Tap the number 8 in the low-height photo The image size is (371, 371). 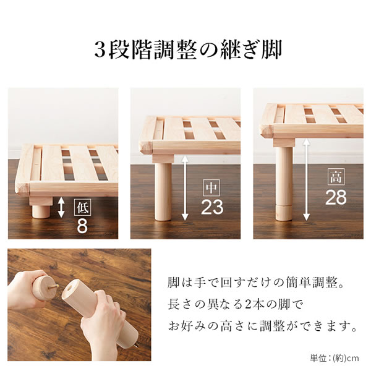click(x=82, y=226)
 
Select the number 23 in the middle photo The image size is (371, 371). click(x=212, y=207)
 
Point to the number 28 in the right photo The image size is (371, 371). click(x=336, y=197)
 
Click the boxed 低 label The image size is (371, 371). click(x=82, y=208)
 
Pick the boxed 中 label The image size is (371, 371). click(x=211, y=187)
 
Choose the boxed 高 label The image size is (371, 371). click(x=336, y=177)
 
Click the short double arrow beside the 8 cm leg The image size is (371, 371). click(x=61, y=208)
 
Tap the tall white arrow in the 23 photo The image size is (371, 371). click(x=185, y=188)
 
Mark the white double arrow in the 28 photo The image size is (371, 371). click(x=307, y=179)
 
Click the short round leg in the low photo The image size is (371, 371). click(x=41, y=211)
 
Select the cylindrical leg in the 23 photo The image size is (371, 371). click(x=163, y=192)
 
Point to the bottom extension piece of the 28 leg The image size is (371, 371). click(x=284, y=213)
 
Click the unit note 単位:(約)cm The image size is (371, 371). click(x=334, y=358)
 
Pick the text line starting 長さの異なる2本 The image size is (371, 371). click(x=236, y=304)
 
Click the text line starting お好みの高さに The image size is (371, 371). click(x=262, y=326)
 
